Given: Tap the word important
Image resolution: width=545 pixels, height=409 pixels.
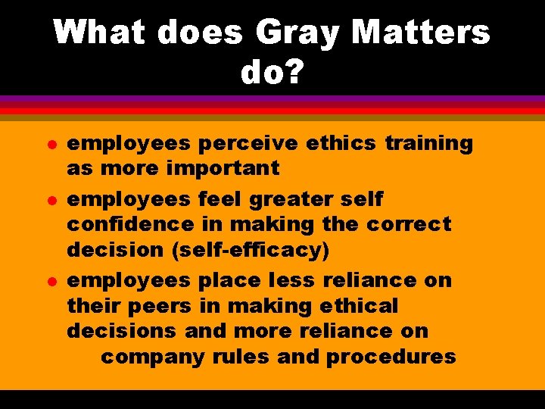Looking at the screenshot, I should point(228,168).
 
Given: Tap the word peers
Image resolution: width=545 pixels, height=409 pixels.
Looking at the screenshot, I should point(165,306).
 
